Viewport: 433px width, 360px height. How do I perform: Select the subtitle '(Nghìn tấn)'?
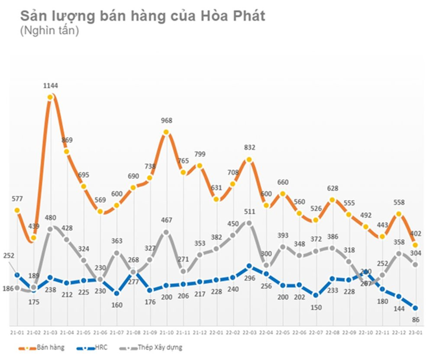pos(49,31)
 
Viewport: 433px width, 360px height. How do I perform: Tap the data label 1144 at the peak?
pos(51,86)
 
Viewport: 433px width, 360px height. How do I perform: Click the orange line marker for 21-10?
pos(166,132)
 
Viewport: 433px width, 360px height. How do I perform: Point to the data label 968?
pos(166,120)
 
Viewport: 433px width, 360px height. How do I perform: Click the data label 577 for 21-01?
pos(17,199)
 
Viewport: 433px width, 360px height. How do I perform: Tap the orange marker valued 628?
pos(332,200)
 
